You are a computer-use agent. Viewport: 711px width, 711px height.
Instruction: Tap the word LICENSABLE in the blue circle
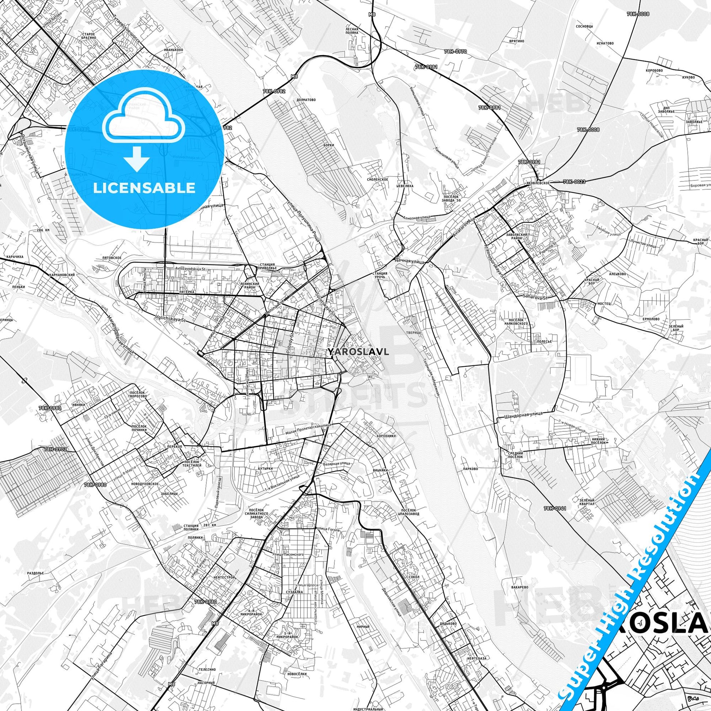click(x=144, y=188)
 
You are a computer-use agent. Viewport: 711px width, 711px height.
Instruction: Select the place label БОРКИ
click(x=329, y=145)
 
